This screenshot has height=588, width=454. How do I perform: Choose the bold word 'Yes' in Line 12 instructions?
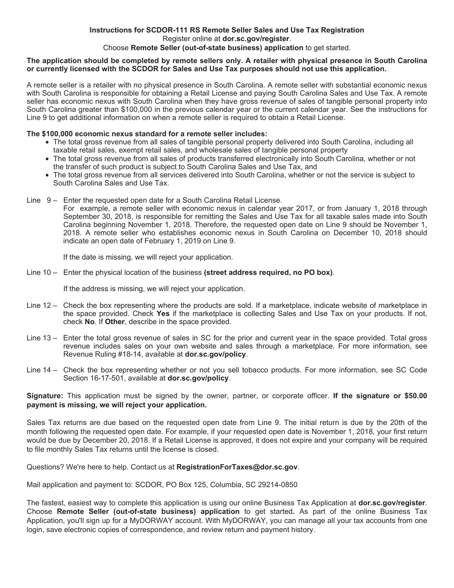[163, 314]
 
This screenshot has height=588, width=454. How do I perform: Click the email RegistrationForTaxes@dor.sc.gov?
[237, 467]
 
